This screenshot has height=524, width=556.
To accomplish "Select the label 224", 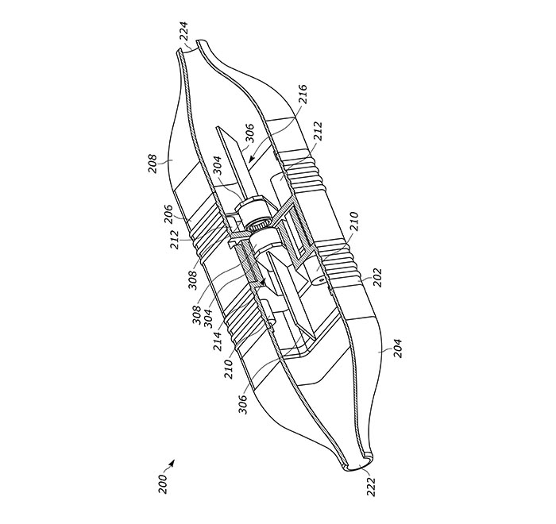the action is pos(183,32).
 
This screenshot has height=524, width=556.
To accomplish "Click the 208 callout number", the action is pos(153,163).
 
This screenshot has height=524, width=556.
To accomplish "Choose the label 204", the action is pos(398,349).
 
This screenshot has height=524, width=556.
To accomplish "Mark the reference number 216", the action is pos(303,94).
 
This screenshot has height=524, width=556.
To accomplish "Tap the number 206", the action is pos(168,214).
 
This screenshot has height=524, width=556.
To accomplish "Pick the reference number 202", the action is pos(377,277).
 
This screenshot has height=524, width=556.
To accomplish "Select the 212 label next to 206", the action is pos(176,239).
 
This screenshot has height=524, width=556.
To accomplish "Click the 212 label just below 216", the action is pos(318,131).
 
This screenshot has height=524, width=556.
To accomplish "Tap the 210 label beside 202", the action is pos(354,222).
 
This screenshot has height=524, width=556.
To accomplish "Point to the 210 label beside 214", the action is pos(229,368).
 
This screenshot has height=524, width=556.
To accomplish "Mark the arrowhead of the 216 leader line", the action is pos(251,159).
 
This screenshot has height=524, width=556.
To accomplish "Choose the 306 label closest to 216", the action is pos(249,133).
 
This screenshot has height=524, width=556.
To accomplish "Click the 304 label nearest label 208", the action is pos(217,166).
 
